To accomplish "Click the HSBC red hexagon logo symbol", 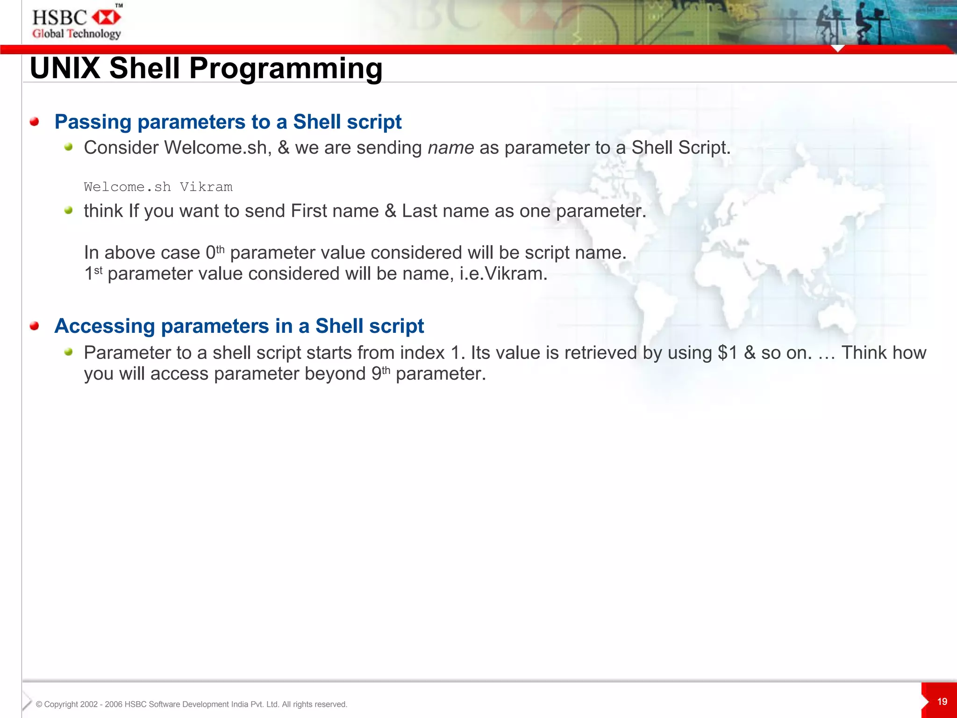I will (x=106, y=18).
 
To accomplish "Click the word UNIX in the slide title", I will (x=65, y=68).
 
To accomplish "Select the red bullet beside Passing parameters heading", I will (x=34, y=122).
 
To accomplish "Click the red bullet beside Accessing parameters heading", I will (x=34, y=326).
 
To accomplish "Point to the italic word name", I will (x=450, y=148).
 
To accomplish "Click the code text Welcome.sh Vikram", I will (x=158, y=187).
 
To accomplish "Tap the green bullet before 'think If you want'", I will (x=69, y=210).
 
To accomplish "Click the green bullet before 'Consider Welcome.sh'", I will (x=69, y=147).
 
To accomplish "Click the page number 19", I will (x=942, y=702).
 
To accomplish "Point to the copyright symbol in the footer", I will (x=39, y=704).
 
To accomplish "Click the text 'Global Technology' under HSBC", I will (x=77, y=34).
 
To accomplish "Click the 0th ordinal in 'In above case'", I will (x=215, y=252).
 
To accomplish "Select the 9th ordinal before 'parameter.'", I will (x=380, y=373).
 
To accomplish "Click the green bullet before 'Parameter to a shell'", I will (x=69, y=352).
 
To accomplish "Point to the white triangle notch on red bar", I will (x=838, y=49).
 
